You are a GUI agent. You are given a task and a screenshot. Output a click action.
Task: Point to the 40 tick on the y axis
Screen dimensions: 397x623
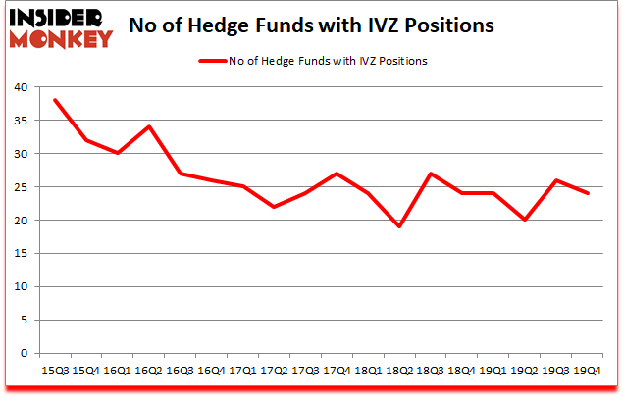(22, 87)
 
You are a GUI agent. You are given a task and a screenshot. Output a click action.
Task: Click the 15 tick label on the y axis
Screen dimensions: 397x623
(22, 254)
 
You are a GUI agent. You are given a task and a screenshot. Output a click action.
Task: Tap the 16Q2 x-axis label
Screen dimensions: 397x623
(148, 370)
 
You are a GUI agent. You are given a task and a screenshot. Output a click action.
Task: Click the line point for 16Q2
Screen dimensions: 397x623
(148, 127)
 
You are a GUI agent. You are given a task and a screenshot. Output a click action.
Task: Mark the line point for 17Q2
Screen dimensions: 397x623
(275, 207)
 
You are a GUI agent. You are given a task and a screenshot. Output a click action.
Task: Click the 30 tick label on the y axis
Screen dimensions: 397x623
(22, 154)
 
